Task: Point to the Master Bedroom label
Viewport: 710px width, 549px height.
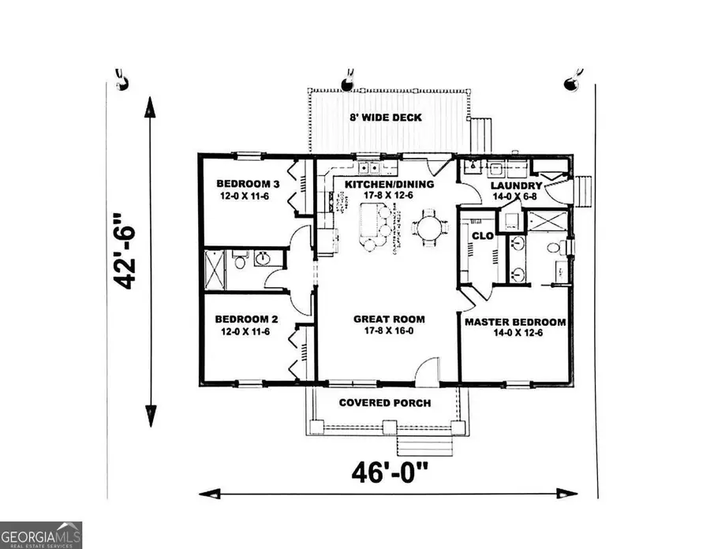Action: point(514,327)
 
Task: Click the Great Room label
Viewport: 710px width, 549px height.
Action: point(389,325)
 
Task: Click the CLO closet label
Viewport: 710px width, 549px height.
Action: point(482,235)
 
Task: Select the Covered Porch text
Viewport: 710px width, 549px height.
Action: point(385,403)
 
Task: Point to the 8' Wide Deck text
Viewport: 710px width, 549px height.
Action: point(386,118)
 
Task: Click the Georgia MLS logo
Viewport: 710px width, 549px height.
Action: point(41,534)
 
